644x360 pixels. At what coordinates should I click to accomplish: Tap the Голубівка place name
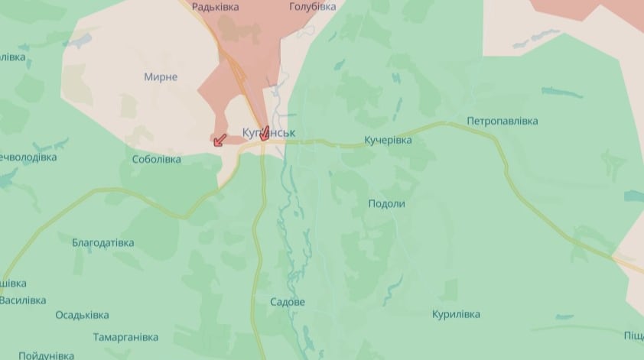click(x=312, y=7)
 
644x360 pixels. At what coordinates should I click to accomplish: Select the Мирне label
click(x=161, y=77)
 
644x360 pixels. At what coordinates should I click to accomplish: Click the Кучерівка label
click(x=388, y=141)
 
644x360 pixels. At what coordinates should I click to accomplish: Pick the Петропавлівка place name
click(x=502, y=122)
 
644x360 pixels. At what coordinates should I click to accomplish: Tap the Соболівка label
click(x=156, y=160)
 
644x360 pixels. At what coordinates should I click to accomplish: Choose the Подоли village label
click(x=386, y=204)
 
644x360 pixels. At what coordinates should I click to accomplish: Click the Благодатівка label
click(x=102, y=243)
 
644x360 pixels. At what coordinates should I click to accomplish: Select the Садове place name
click(x=288, y=303)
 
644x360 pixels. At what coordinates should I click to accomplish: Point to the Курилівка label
click(x=456, y=314)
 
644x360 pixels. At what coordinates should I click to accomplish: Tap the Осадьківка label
click(x=82, y=315)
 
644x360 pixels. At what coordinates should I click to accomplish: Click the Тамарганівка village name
click(x=125, y=337)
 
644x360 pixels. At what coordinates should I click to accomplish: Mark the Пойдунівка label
click(x=46, y=355)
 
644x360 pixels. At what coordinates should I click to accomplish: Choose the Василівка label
click(x=23, y=300)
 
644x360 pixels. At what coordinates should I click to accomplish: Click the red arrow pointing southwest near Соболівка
click(x=220, y=139)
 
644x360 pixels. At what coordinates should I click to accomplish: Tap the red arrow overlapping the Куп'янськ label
click(x=265, y=133)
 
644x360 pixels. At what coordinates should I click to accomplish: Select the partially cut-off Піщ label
click(x=633, y=336)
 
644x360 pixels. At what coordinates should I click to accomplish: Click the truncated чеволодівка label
click(x=28, y=157)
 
